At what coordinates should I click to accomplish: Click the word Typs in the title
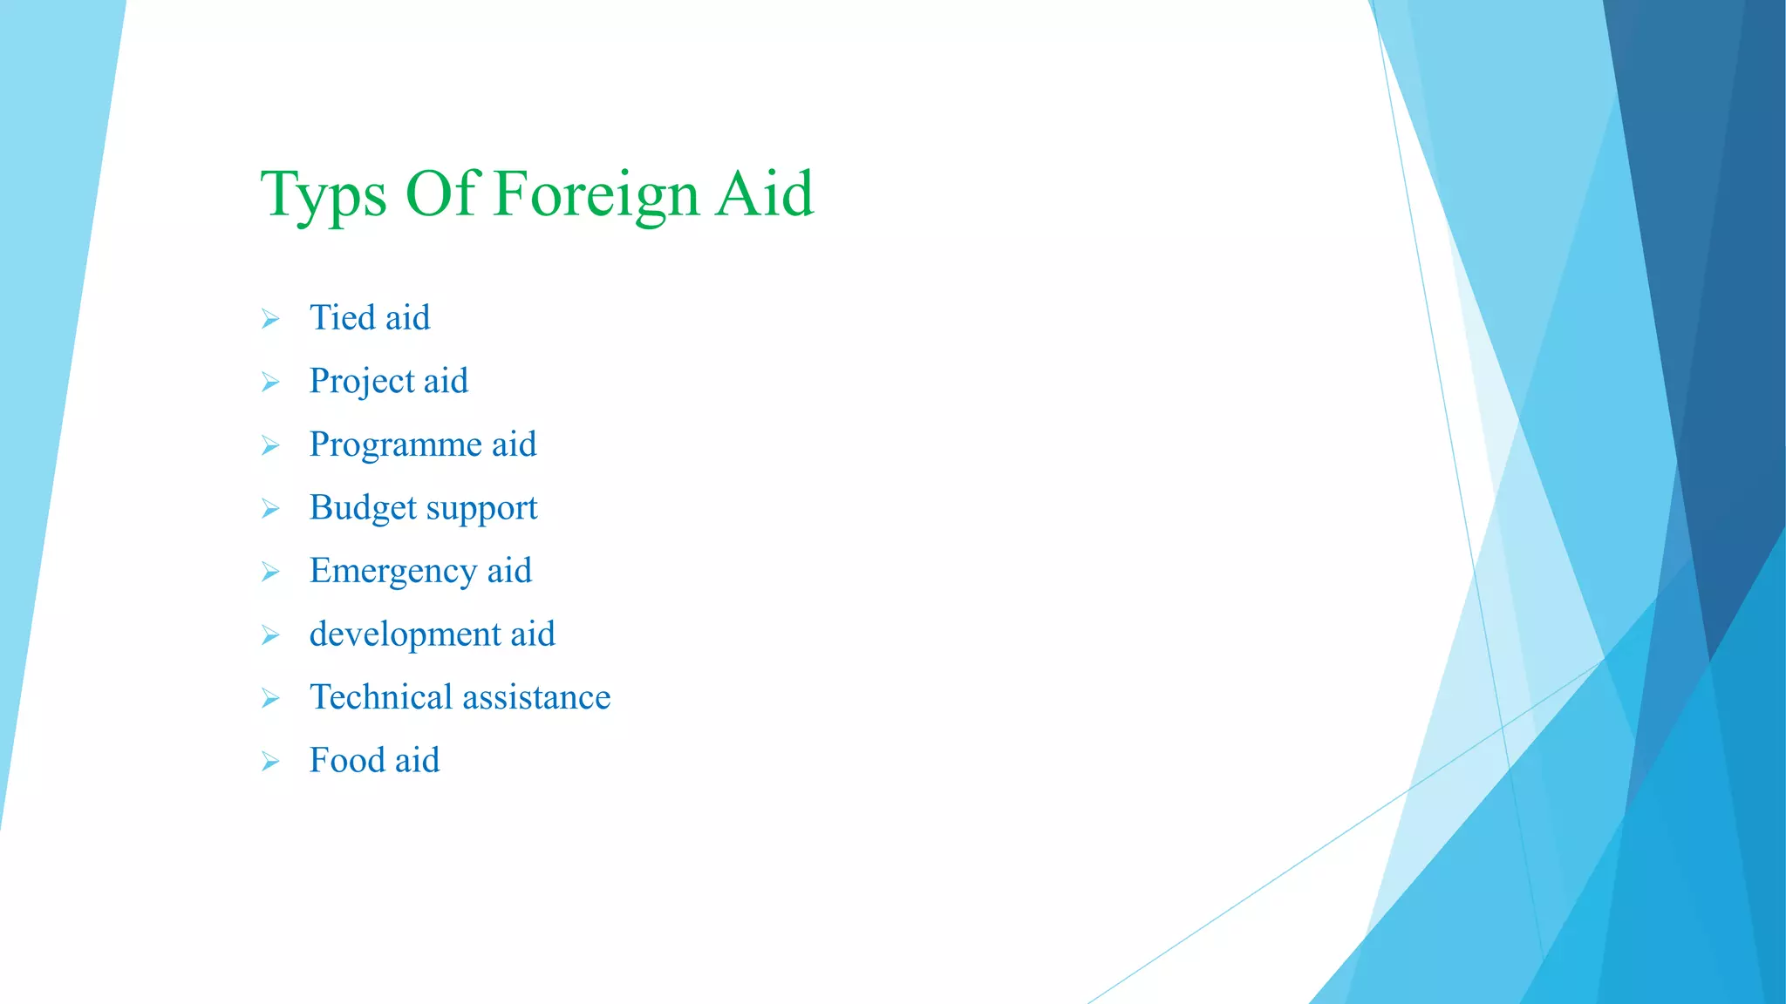[x=324, y=195]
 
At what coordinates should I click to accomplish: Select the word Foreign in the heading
[x=596, y=195]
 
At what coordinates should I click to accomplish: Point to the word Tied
[x=342, y=317]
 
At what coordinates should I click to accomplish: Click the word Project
[x=361, y=382]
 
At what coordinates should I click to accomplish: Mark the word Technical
[x=381, y=697]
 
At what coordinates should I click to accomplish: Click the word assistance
[x=536, y=697]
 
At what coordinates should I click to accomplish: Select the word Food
[x=347, y=760]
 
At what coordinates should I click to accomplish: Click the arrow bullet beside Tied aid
[x=270, y=319]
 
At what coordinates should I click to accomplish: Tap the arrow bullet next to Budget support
[x=270, y=509]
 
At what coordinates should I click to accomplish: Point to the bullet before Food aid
[x=270, y=762]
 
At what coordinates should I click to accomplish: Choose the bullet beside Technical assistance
[x=270, y=699]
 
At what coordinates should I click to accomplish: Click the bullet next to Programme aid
[x=270, y=446]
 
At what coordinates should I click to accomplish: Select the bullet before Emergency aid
[x=270, y=573]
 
